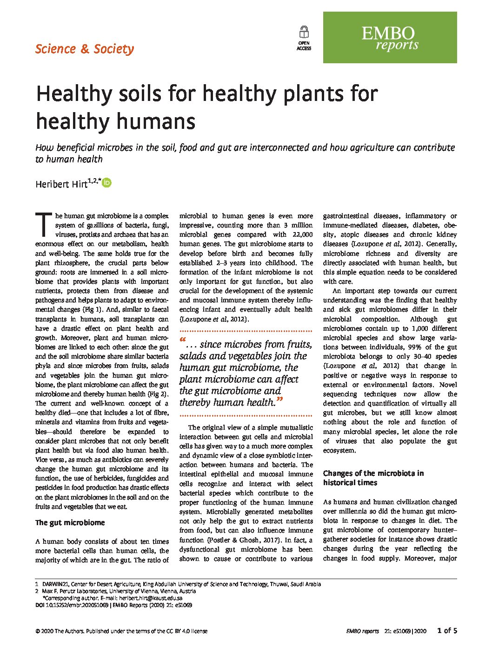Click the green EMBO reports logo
click(390, 38)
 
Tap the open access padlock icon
click(304, 33)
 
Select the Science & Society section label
click(85, 49)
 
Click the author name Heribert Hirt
click(61, 184)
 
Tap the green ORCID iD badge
click(107, 183)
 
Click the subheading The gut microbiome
click(70, 523)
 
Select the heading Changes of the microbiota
click(373, 478)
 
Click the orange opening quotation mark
click(183, 340)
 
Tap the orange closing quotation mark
click(279, 400)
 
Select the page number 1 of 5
click(447, 631)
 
